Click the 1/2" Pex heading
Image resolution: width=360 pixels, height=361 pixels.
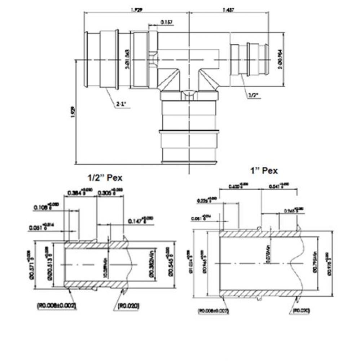tap(105, 178)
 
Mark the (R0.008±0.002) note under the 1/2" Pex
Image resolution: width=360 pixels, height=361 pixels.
tap(57, 306)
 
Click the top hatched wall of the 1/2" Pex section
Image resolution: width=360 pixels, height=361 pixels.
tap(94, 245)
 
